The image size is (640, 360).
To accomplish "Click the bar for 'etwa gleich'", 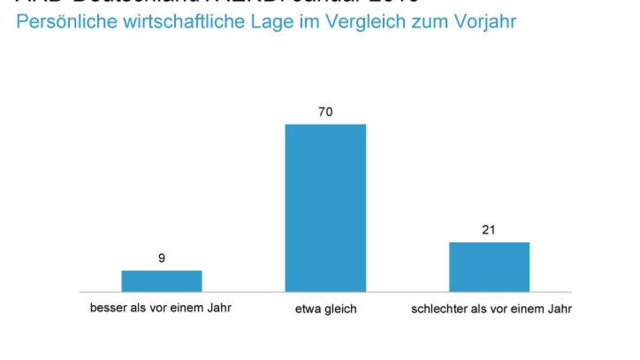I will click(x=325, y=208).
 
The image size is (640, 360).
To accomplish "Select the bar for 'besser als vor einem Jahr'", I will click(x=162, y=281).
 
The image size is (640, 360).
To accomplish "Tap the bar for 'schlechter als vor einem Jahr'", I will click(x=489, y=267).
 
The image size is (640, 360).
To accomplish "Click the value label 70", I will click(x=325, y=113).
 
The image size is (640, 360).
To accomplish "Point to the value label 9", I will click(x=162, y=258).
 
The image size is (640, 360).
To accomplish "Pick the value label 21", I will click(x=489, y=230).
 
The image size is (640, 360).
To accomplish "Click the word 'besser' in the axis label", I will click(x=106, y=308).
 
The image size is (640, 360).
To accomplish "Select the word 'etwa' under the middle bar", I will click(x=306, y=309).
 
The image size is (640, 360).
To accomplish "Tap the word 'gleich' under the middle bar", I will click(x=340, y=309).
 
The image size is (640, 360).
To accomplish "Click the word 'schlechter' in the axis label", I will click(x=433, y=309).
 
